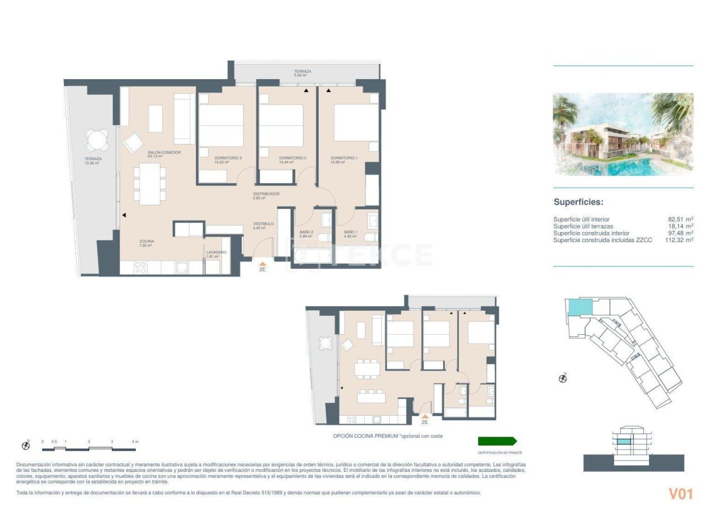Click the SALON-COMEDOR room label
164,153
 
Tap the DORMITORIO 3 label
228,158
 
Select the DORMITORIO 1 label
344,158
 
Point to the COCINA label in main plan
146,242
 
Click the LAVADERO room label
216,253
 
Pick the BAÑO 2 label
306,232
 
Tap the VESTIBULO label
263,224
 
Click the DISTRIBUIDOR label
266,194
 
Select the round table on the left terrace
98,139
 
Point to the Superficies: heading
578,202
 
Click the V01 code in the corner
680,494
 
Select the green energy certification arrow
497,441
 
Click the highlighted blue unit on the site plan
580,307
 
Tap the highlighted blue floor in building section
623,443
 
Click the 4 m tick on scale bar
135,441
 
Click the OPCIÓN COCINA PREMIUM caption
391,436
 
